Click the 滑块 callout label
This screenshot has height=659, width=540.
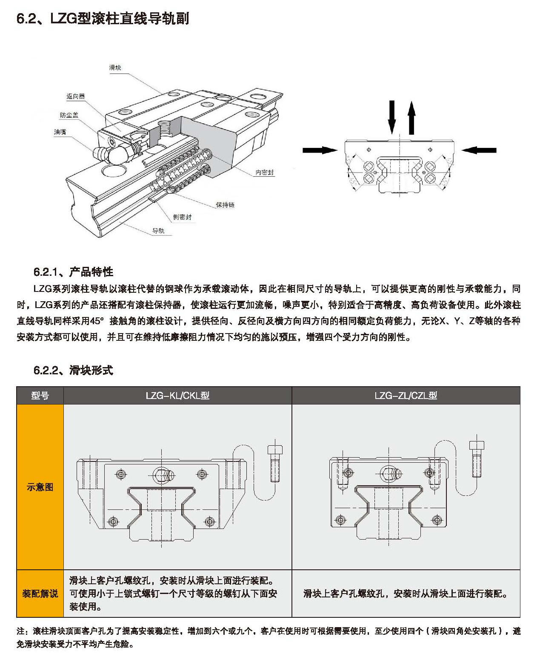(115, 68)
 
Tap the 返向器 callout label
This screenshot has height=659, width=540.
(75, 96)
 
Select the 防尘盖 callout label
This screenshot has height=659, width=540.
(69, 115)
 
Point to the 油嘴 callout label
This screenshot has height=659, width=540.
(60, 132)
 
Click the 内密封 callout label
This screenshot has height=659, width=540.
(264, 173)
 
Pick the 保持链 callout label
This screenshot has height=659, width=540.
(225, 205)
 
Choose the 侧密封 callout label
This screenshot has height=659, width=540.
(182, 217)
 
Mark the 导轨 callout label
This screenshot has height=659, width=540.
(158, 231)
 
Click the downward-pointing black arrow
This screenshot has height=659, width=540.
(392, 117)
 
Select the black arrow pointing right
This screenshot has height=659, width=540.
(320, 150)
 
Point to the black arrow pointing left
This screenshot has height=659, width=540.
(479, 150)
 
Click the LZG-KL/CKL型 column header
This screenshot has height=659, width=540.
(177, 396)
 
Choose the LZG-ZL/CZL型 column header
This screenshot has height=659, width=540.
(406, 396)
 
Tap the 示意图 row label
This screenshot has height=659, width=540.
(40, 487)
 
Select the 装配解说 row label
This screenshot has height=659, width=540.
(40, 594)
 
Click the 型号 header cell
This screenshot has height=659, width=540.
(40, 396)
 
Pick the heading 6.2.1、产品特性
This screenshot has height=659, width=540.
(73, 272)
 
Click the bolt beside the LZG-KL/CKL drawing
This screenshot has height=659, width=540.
(275, 463)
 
